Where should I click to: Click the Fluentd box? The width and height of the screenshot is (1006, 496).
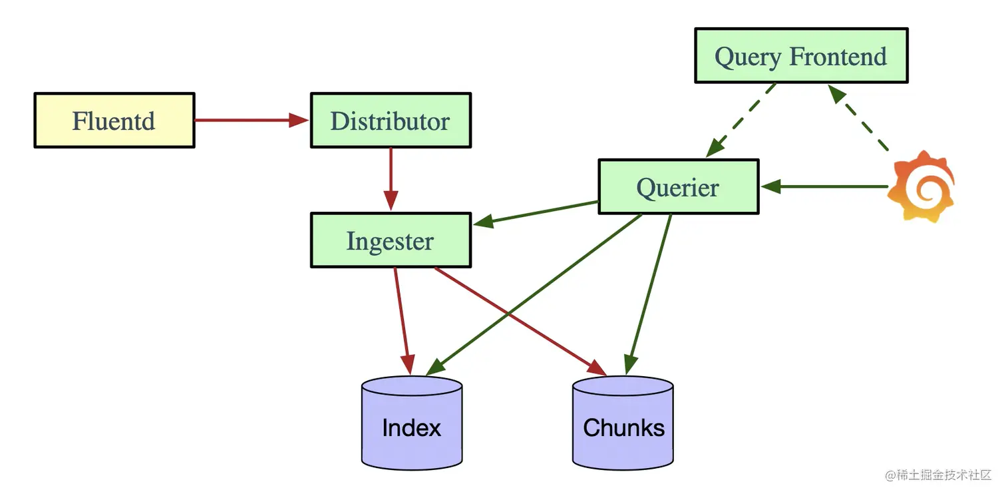point(114,121)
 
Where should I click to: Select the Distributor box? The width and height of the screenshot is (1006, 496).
point(391,121)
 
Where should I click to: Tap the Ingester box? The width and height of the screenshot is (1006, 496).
point(391,240)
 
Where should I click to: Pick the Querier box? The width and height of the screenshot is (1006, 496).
point(679,186)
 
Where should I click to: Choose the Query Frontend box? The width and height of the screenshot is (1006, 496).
point(801,56)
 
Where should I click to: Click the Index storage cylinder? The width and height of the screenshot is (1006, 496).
point(412,423)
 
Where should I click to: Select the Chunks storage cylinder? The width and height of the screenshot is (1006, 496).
point(623,423)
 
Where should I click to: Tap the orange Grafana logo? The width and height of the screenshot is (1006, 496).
point(921,186)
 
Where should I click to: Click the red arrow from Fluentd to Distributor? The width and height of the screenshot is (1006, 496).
point(251,120)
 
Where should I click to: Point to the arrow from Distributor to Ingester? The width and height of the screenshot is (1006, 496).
point(391,179)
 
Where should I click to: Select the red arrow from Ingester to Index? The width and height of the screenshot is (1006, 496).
point(403,321)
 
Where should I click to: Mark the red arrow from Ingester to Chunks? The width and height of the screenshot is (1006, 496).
point(520,321)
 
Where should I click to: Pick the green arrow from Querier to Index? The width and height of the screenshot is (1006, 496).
point(534,295)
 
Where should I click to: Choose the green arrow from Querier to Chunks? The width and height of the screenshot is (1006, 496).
point(649,295)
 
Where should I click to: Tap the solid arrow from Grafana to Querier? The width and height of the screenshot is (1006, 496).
point(824,186)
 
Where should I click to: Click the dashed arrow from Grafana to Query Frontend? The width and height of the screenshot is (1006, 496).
point(858,118)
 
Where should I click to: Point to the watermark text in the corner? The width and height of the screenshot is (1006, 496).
point(938,475)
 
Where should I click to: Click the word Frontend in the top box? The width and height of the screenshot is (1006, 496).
point(838,57)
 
